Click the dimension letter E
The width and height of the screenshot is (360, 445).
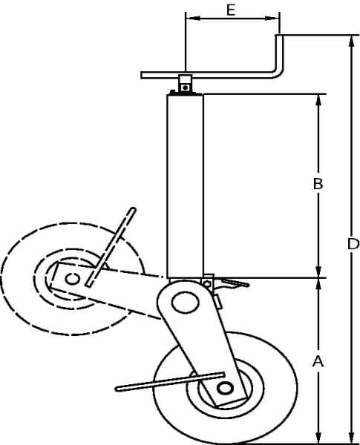point(231,10)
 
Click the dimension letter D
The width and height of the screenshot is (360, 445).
point(353,244)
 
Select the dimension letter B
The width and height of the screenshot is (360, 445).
point(318,184)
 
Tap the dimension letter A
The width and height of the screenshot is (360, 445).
point(318,362)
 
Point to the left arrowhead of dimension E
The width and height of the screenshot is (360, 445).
point(193,19)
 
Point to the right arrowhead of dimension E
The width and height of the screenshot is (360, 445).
point(272,19)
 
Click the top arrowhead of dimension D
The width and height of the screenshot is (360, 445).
point(352,42)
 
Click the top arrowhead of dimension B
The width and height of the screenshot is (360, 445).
point(318,100)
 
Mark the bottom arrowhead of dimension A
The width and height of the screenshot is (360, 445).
point(318,437)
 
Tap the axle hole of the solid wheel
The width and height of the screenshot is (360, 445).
point(225,388)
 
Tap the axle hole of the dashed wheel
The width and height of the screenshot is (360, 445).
point(72,279)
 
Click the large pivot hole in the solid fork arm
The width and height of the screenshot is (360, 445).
point(186,303)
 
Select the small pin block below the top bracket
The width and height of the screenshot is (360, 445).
point(186,84)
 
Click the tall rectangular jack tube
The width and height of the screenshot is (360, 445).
point(186,186)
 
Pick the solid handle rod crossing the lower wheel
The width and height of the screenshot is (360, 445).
point(170,382)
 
